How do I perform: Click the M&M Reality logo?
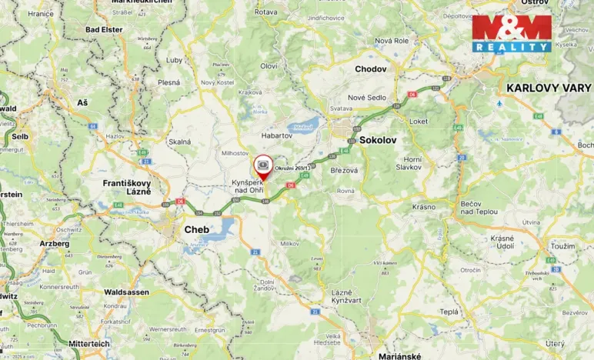pyautogui.click(x=512, y=33)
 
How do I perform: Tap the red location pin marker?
pyautogui.click(x=263, y=166)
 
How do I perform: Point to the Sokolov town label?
pyautogui.click(x=378, y=140)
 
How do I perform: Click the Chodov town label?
pyautogui.click(x=370, y=68)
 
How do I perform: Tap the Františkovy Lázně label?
pyautogui.click(x=128, y=188)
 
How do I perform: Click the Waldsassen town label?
pyautogui.click(x=127, y=292)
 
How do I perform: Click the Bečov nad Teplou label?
pyautogui.click(x=479, y=207)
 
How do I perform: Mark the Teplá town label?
pyautogui.click(x=449, y=312)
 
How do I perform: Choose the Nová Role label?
pyautogui.click(x=389, y=40)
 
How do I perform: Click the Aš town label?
pyautogui.click(x=82, y=102)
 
